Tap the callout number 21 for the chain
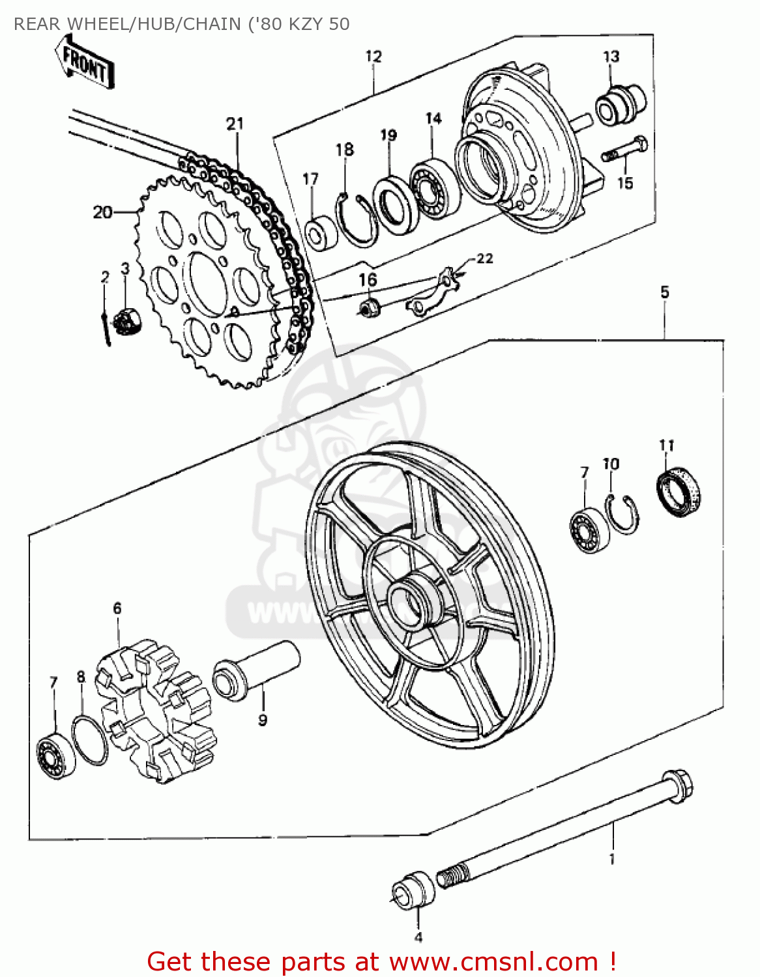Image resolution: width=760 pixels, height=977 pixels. point(235,124)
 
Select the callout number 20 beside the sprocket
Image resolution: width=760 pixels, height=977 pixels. point(102,212)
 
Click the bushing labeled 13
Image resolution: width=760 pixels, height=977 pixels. point(619,105)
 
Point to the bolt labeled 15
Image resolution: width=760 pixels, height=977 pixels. point(626,150)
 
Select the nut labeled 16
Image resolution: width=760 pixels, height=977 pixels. point(370,305)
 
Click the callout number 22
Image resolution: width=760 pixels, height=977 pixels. point(484,259)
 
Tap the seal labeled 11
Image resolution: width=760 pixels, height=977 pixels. point(678,492)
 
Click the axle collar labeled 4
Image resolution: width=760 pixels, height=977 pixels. point(414,889)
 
